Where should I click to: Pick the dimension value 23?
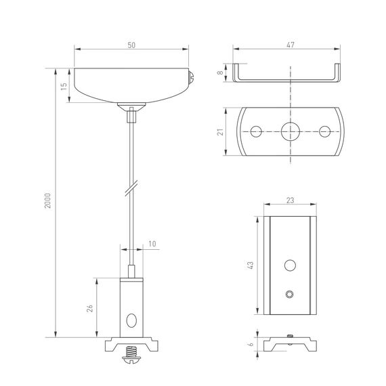pos(291,201)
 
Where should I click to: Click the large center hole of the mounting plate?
pos(291,131)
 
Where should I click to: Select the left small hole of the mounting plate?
pos(255,131)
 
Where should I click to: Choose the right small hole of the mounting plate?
pos(325,131)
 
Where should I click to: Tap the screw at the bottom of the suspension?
pos(131,354)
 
